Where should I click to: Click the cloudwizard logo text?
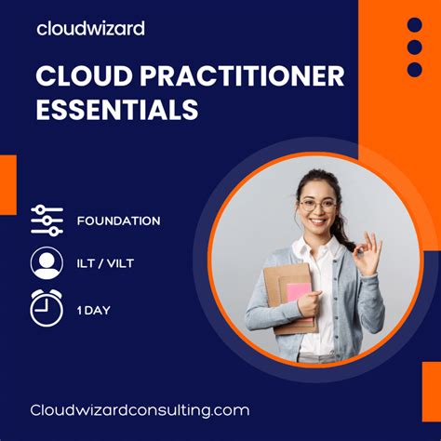pyautogui.click(x=90, y=28)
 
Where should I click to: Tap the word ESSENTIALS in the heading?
pyautogui.click(x=117, y=110)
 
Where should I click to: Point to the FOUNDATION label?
pyautogui.click(x=118, y=220)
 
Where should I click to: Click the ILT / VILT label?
pyautogui.click(x=105, y=263)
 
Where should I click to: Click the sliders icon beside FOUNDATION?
pyautogui.click(x=47, y=220)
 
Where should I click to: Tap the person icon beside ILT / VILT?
pyautogui.click(x=47, y=263)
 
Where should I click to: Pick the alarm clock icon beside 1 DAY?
pyautogui.click(x=47, y=306)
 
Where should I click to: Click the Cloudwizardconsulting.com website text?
pyautogui.click(x=140, y=409)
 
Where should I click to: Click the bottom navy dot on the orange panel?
pyautogui.click(x=415, y=70)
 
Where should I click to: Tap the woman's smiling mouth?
pyautogui.click(x=317, y=221)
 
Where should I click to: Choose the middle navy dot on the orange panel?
pyautogui.click(x=415, y=47)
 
